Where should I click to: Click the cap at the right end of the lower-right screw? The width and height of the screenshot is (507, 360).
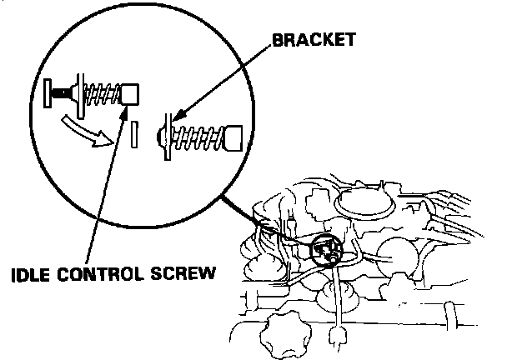[234, 136]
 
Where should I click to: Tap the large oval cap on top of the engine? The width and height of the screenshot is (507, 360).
[364, 201]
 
